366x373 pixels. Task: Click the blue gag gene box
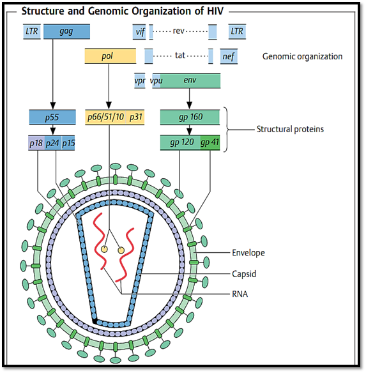click(66, 31)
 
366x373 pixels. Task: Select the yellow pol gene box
click(111, 56)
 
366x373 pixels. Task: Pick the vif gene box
click(139, 32)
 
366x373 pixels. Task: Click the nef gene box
click(229, 56)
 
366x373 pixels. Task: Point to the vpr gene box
click(140, 81)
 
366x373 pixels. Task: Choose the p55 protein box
click(52, 117)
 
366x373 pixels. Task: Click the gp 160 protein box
click(190, 117)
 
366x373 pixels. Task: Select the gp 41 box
click(210, 142)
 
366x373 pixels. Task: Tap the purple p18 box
click(36, 143)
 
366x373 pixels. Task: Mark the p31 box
click(135, 117)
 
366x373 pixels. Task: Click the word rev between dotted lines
click(178, 31)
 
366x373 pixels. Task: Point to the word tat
click(180, 55)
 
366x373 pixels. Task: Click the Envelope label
click(248, 253)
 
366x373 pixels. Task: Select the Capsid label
click(244, 274)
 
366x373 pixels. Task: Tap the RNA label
click(240, 294)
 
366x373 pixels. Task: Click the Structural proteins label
click(290, 129)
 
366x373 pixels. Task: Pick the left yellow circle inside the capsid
click(104, 249)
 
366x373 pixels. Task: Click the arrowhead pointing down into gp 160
click(190, 105)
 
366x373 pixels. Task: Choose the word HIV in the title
click(214, 11)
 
